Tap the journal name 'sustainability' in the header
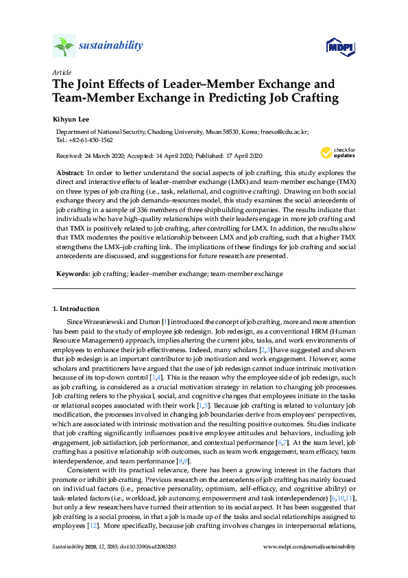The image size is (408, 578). pos(111,46)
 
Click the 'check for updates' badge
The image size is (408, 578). pos(337,152)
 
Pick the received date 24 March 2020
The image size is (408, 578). pos(107,156)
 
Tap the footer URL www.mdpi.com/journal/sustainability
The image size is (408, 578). pos(309,547)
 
